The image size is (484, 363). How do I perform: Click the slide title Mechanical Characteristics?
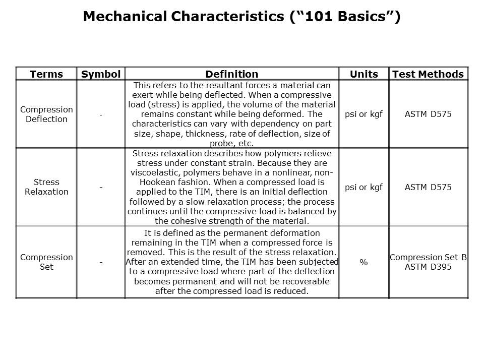pyautogui.click(x=241, y=17)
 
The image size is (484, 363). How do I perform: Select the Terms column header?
pyautogui.click(x=46, y=74)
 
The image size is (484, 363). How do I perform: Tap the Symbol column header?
pyautogui.click(x=101, y=74)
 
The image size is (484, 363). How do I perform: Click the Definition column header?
pyautogui.click(x=232, y=74)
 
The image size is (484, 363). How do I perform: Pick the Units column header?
pyautogui.click(x=364, y=74)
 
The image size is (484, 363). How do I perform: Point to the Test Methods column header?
pyautogui.click(x=428, y=74)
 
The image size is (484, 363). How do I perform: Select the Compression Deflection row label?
pyautogui.click(x=46, y=114)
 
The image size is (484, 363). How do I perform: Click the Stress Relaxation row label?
pyautogui.click(x=46, y=187)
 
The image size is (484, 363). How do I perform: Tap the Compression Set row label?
pyautogui.click(x=46, y=262)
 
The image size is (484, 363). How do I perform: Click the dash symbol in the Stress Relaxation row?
pyautogui.click(x=101, y=188)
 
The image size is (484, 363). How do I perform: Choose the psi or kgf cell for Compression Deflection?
pyautogui.click(x=364, y=114)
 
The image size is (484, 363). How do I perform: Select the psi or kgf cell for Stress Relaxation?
pyautogui.click(x=364, y=187)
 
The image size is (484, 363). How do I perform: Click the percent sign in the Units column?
pyautogui.click(x=364, y=263)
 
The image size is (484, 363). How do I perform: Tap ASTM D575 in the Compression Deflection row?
pyautogui.click(x=428, y=114)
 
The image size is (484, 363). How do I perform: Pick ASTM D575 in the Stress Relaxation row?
pyautogui.click(x=428, y=187)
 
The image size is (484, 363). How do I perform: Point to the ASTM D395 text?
pyautogui.click(x=428, y=267)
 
